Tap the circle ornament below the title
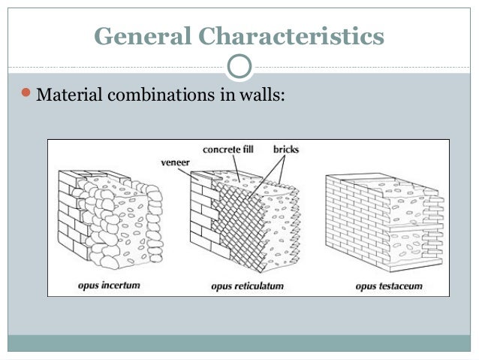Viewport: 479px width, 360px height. coord(239,66)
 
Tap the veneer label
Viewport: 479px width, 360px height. coord(174,160)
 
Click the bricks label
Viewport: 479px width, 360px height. coord(285,150)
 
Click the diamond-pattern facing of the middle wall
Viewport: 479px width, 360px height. coord(236,218)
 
